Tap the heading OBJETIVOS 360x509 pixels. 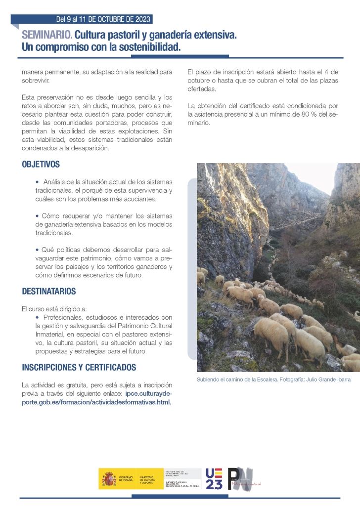click(41, 165)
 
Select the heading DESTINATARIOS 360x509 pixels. click(49, 292)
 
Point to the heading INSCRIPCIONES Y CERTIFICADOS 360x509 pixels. click(79, 368)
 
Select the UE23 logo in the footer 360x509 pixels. click(214, 479)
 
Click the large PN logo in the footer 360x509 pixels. click(240, 479)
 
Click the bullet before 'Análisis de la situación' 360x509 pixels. click(37, 182)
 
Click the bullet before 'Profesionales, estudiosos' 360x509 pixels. click(37, 317)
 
